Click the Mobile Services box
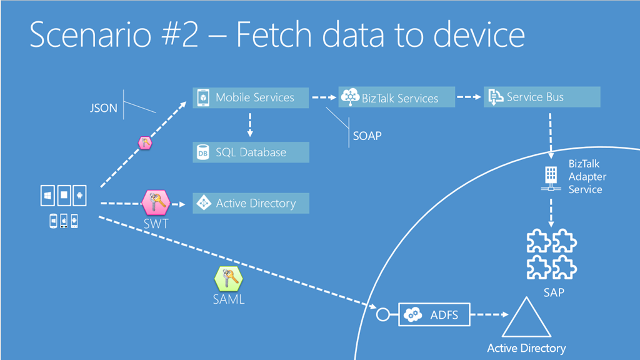pyautogui.click(x=251, y=97)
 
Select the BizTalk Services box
pyautogui.click(x=396, y=97)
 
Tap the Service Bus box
pyautogui.click(x=542, y=97)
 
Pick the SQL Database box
pyautogui.click(x=251, y=152)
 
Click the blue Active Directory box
pyautogui.click(x=251, y=203)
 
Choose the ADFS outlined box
pyautogui.click(x=434, y=315)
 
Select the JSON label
pyautogui.click(x=104, y=108)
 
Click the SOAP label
pyautogui.click(x=367, y=136)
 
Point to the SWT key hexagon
pyautogui.click(x=156, y=202)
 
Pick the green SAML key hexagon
pyautogui.click(x=228, y=278)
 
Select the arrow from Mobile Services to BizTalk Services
pyautogui.click(x=323, y=97)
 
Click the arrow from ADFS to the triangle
pyautogui.click(x=489, y=315)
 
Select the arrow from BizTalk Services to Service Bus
pyautogui.click(x=468, y=97)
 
